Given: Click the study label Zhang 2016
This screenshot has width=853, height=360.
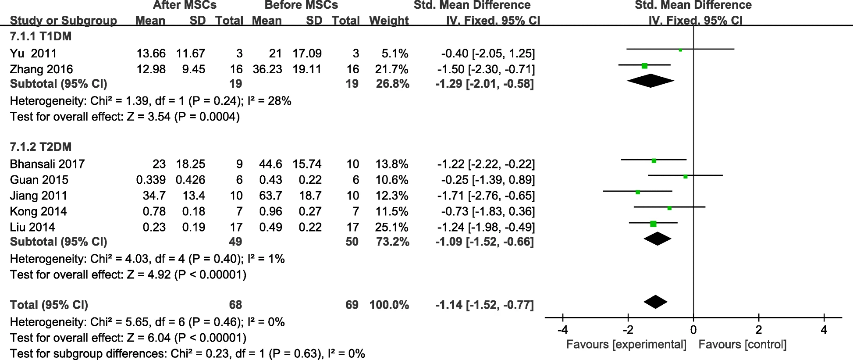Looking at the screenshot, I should [41, 69].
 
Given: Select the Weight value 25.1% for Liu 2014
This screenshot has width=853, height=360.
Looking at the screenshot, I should [391, 227].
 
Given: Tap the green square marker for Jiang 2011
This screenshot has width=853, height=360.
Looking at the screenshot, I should [638, 192].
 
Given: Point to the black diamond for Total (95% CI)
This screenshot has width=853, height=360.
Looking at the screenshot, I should [655, 302].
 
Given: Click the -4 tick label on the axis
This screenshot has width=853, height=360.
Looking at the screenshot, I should [563, 330].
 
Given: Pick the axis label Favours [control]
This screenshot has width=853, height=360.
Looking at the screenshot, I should [743, 345].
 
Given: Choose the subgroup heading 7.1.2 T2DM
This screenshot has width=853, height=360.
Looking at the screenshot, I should [40, 147].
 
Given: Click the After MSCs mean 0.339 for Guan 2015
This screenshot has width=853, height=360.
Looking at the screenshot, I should [151, 180].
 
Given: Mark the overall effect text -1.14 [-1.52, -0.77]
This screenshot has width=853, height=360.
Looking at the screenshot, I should [485, 305].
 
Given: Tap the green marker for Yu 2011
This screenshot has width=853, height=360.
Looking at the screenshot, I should [680, 50].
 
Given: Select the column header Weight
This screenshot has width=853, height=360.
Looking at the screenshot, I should [389, 21].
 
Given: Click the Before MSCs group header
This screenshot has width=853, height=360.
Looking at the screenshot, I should [301, 5].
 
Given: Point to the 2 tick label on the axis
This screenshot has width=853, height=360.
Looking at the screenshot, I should [759, 330].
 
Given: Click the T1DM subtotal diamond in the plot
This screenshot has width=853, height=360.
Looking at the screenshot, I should [650, 81].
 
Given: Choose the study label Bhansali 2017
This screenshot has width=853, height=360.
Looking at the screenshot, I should [47, 164].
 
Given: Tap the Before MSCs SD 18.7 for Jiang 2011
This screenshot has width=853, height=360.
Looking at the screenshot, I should [310, 196].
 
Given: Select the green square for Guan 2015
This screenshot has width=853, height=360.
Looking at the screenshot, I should [686, 176].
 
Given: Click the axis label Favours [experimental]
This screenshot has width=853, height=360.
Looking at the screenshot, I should [626, 345].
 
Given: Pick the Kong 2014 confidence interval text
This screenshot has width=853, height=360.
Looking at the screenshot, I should [488, 211].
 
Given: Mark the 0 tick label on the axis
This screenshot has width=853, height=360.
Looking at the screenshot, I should [693, 330].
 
